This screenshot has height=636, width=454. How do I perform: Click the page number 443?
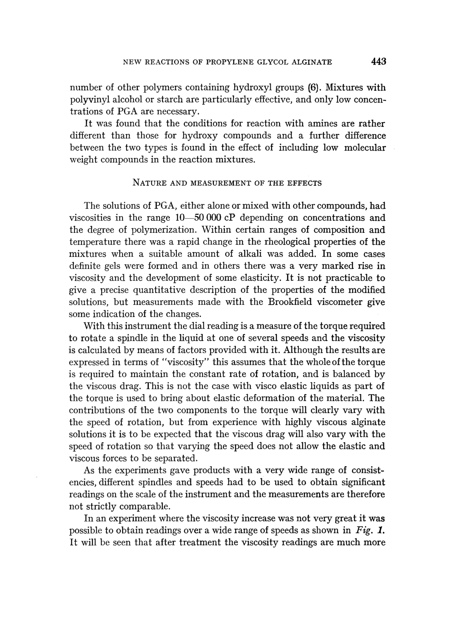coord(378,61)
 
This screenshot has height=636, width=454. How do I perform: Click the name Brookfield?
coord(290,302)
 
